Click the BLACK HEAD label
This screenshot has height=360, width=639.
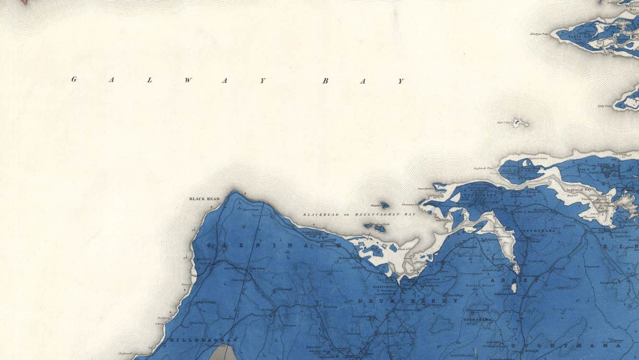coord(204,199)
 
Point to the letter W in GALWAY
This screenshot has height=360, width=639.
coord(188,80)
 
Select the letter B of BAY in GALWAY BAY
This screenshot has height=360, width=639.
coord(325,81)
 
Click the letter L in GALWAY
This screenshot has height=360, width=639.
coord(149,80)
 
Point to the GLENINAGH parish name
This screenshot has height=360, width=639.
coord(273,245)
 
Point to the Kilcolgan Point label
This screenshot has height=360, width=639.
coord(539,34)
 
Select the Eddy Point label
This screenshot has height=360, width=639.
coord(605,106)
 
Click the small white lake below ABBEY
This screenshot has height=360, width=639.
coord(513,288)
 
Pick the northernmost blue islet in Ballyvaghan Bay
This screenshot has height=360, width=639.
coord(384,205)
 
